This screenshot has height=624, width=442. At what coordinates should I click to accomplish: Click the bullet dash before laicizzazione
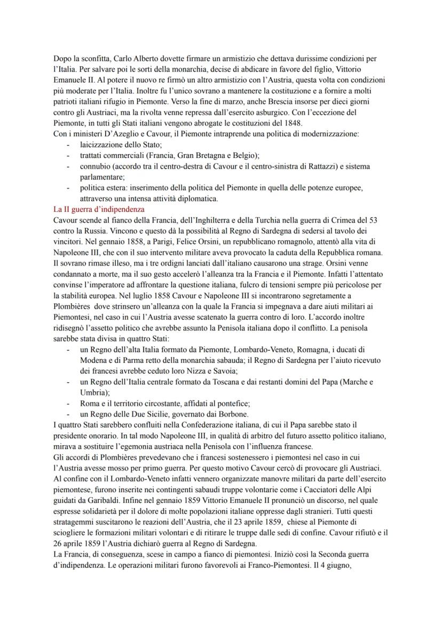[x=68, y=144]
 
